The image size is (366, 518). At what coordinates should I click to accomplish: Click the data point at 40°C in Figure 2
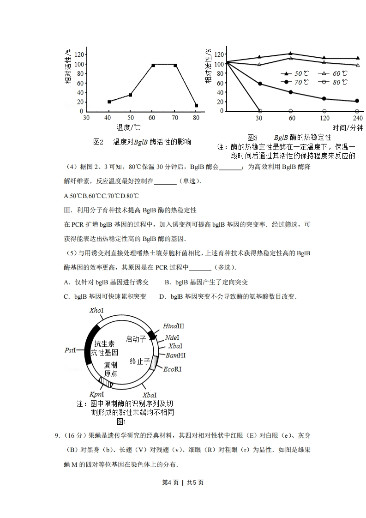(109, 102)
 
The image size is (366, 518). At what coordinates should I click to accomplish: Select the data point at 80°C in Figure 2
(196, 106)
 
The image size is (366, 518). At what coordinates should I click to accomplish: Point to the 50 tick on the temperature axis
(131, 117)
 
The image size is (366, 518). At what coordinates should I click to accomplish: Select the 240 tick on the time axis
(357, 117)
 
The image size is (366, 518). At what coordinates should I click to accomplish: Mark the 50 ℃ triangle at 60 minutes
(290, 54)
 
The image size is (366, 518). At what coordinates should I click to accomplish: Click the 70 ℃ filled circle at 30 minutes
(260, 84)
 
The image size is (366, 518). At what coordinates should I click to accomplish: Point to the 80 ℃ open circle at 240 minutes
(357, 111)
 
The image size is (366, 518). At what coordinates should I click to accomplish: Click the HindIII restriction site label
(173, 326)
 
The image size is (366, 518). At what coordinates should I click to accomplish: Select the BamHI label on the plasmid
(175, 355)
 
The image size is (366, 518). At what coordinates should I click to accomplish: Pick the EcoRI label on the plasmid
(172, 369)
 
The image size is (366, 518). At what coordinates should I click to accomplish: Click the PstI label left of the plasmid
(70, 350)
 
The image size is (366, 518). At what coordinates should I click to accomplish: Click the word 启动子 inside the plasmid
(136, 339)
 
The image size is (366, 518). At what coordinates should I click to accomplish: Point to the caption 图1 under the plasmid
(121, 421)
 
